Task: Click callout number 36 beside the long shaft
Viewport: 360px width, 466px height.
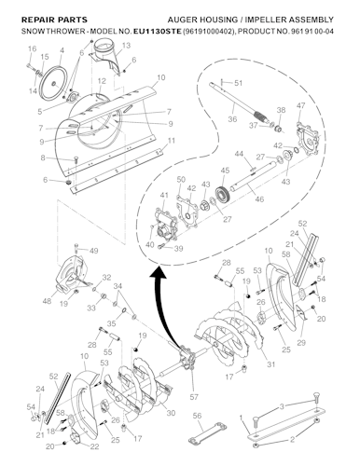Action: (x=232, y=118)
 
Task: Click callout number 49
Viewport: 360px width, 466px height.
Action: (x=93, y=252)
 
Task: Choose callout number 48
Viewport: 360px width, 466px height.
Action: (x=46, y=302)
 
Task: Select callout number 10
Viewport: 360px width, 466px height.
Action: (x=161, y=77)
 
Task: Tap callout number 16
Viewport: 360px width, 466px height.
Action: (x=31, y=48)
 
